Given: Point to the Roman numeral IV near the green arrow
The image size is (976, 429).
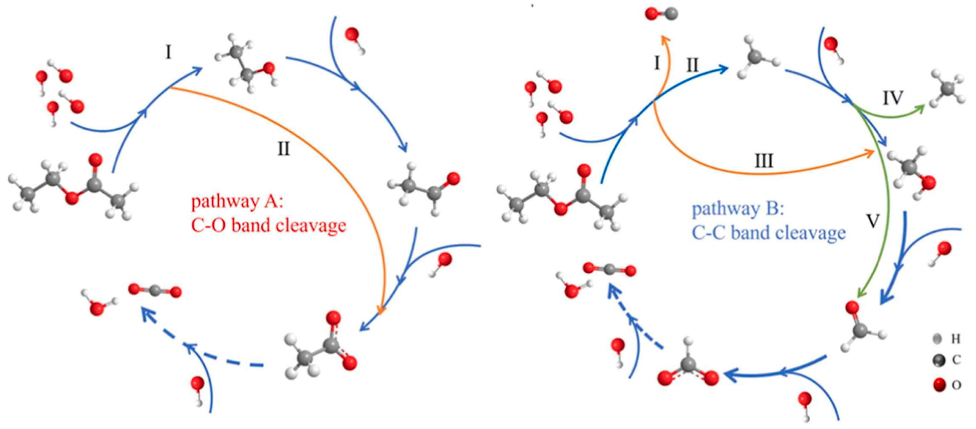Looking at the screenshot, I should click(893, 98).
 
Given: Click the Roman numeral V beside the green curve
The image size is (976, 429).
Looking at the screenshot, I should click(873, 221).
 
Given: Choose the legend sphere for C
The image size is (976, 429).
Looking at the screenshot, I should click(939, 360).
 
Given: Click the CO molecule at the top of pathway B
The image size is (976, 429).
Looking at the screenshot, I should click(661, 14).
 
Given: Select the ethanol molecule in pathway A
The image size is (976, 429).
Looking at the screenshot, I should click(246, 64).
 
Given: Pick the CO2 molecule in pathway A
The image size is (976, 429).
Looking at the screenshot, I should click(155, 291).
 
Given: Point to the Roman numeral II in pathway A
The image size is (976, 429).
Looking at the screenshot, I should click(283, 149).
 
